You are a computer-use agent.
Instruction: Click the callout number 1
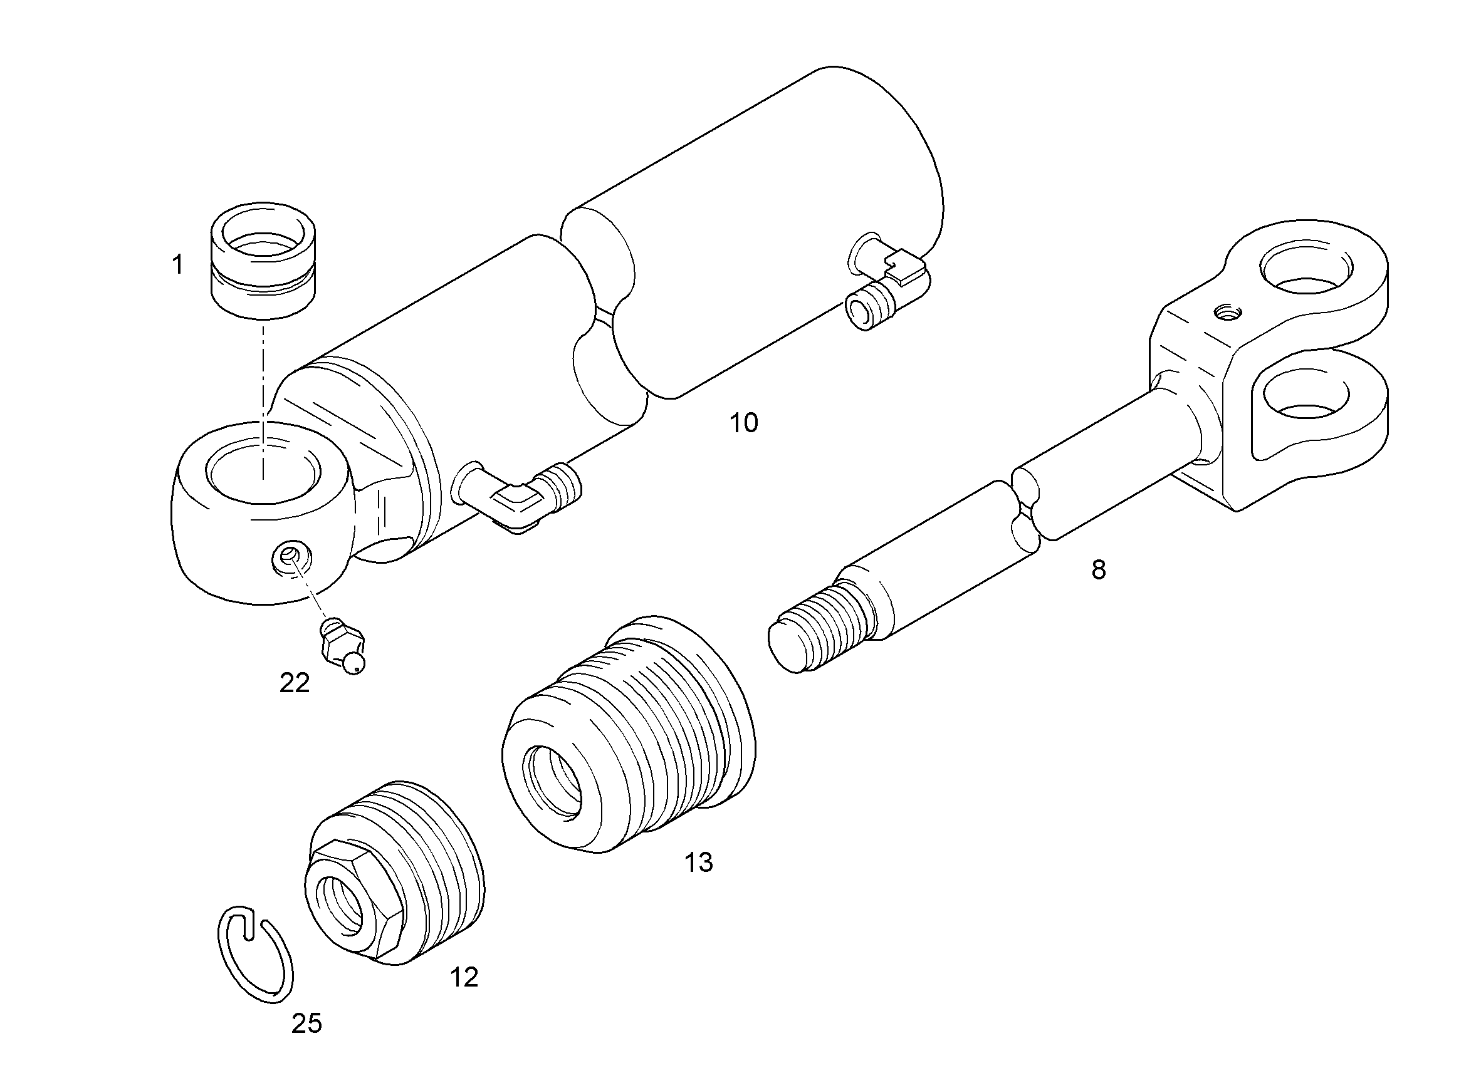[x=177, y=266]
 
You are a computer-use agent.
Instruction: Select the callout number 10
[x=744, y=423]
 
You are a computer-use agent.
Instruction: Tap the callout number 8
[x=1099, y=570]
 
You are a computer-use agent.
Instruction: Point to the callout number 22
[x=295, y=683]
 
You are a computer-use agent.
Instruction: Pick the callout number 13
[x=699, y=862]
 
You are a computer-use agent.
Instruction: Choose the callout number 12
[x=464, y=977]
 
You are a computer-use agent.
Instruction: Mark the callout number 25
[x=307, y=1024]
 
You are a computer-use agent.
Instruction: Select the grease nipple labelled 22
[x=343, y=646]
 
